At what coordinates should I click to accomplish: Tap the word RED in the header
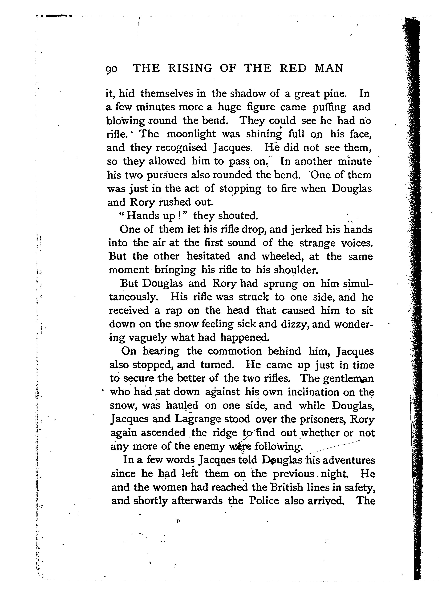(293, 68)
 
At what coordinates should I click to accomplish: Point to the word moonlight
(191, 134)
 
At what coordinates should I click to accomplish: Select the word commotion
(235, 351)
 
